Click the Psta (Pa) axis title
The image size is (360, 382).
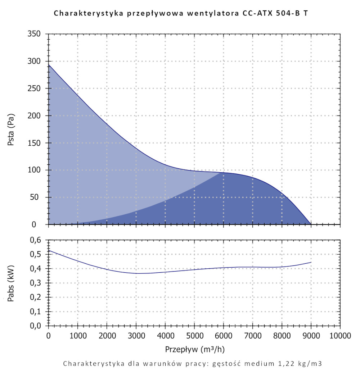point(11,129)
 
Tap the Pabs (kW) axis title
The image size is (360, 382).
point(11,283)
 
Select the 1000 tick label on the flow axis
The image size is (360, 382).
point(77,336)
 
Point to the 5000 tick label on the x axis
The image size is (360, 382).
point(194,336)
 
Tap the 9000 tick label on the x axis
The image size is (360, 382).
point(311,336)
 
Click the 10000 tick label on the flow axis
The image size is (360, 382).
point(340,336)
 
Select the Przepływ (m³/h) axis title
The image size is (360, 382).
point(195,349)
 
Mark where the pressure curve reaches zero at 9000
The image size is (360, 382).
point(311,224)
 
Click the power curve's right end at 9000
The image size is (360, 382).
point(311,263)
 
